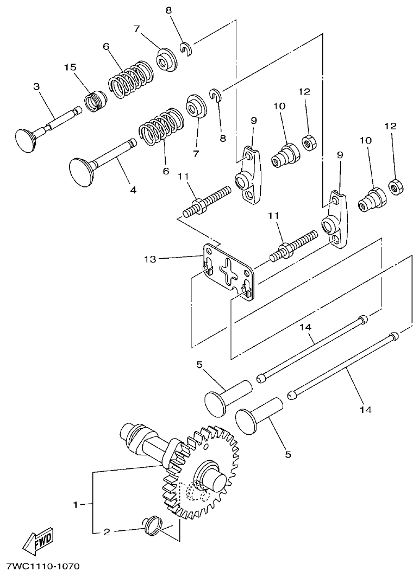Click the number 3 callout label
point(36,86)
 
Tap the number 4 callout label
point(133,190)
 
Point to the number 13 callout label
point(150,260)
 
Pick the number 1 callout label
point(76,505)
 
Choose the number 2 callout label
point(107,533)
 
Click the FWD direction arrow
point(37,541)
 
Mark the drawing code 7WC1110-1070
point(43,566)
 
